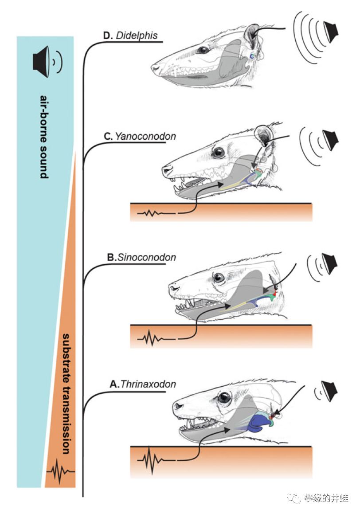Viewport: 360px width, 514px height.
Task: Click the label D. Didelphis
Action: click(130, 35)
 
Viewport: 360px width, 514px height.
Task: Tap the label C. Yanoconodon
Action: click(140, 136)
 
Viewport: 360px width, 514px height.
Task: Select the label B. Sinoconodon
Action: click(141, 257)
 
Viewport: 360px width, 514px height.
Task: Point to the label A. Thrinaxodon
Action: click(143, 384)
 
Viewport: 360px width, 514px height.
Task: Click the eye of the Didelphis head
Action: click(203, 50)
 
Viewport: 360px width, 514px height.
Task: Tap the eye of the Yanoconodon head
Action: click(218, 153)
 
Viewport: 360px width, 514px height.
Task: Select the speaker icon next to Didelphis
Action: click(330, 30)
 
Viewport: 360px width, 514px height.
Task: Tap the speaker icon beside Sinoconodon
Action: click(329, 263)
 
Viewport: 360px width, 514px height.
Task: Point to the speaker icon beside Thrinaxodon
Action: click(329, 391)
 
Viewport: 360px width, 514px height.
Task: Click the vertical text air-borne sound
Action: click(44, 137)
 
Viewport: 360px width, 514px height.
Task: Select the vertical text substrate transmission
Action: click(66, 394)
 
